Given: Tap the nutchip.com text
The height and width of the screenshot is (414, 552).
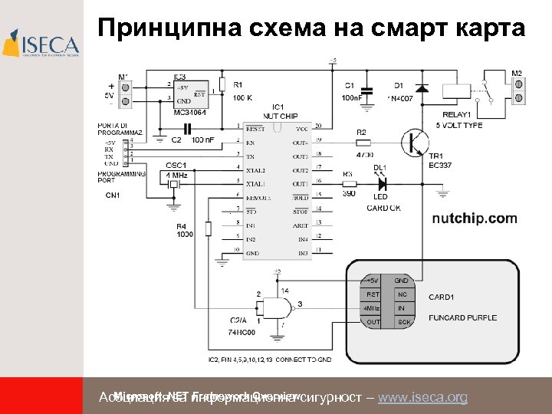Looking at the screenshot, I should point(475,219).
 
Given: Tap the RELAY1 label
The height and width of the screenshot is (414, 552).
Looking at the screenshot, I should point(457,113).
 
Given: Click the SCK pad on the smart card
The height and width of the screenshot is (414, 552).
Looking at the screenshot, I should point(403,322).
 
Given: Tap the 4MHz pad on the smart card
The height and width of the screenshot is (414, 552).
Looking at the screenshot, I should point(372,308).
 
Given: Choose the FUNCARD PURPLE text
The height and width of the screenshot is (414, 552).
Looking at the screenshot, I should point(462,317).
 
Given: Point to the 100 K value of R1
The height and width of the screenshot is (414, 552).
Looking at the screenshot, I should point(242,98).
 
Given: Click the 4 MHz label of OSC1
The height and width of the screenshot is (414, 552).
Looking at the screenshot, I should point(176,176).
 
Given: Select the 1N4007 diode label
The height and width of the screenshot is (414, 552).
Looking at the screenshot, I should point(399,98).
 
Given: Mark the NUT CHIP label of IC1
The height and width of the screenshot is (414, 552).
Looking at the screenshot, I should point(279,115).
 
